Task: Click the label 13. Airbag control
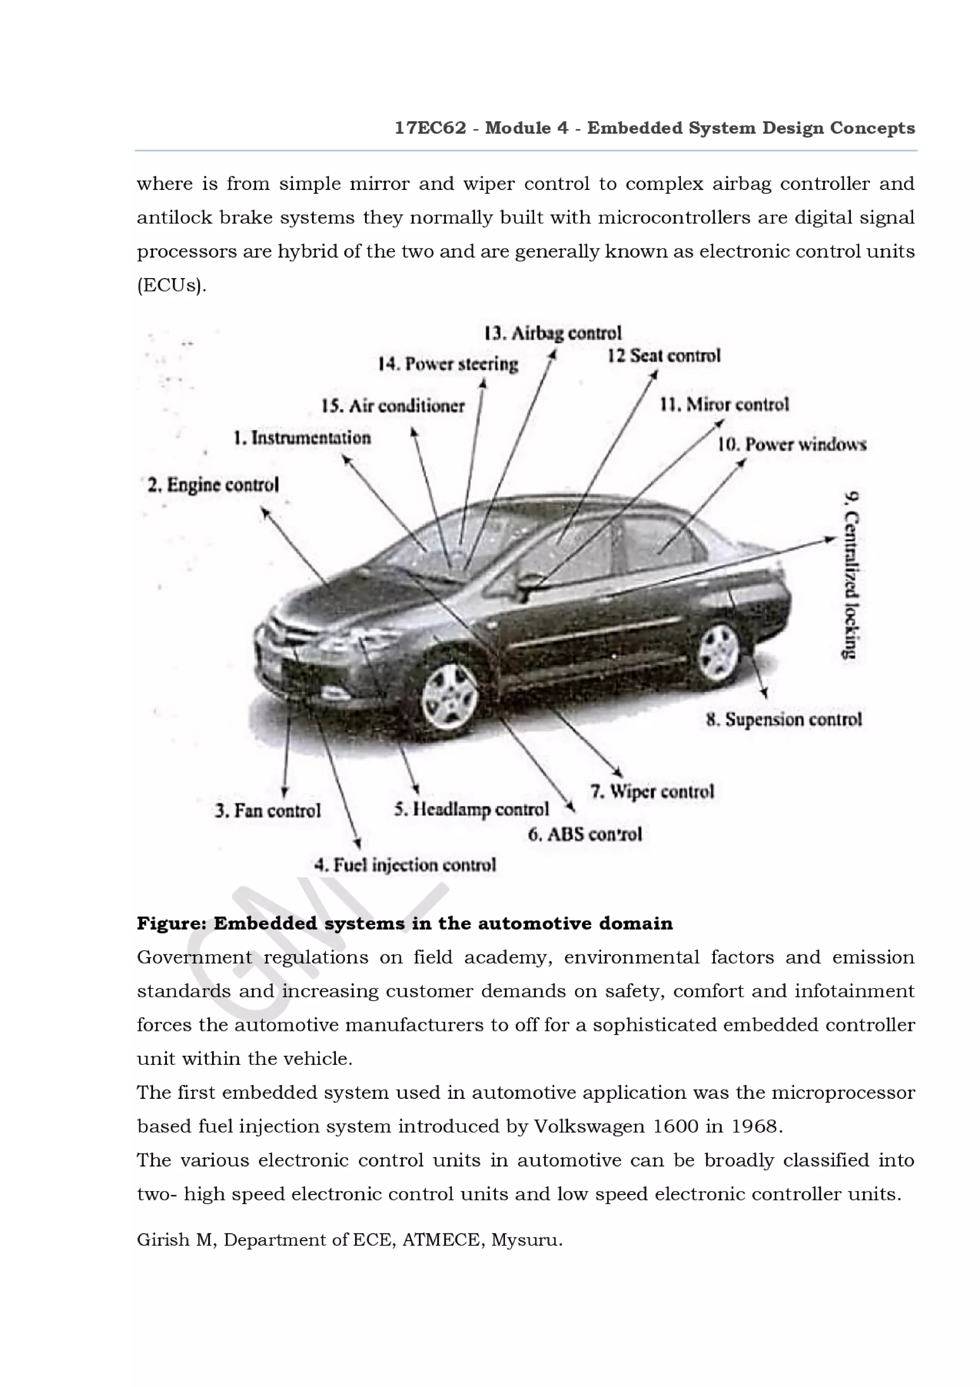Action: click(x=553, y=334)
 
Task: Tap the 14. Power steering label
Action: click(x=448, y=364)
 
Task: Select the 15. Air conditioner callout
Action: click(x=393, y=406)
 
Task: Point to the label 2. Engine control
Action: click(x=213, y=485)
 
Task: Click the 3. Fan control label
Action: click(x=268, y=811)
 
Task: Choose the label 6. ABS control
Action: click(x=584, y=835)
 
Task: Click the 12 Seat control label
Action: click(x=664, y=356)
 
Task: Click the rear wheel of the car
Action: click(x=719, y=653)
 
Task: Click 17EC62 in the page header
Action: click(x=430, y=128)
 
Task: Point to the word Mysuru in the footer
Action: click(x=526, y=1240)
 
